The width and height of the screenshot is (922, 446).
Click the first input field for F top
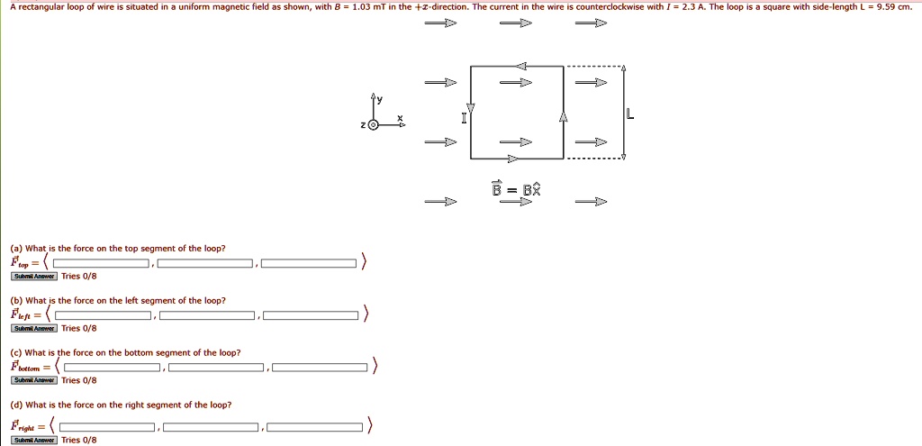coord(101,263)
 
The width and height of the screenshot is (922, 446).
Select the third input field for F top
coord(309,263)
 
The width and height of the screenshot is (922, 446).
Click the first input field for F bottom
coord(112,367)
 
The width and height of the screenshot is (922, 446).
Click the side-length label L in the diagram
coord(630,114)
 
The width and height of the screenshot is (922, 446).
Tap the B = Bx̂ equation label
coord(516,188)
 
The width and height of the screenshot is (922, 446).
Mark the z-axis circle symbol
coord(373,126)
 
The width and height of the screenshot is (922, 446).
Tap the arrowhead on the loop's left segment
coord(470,108)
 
